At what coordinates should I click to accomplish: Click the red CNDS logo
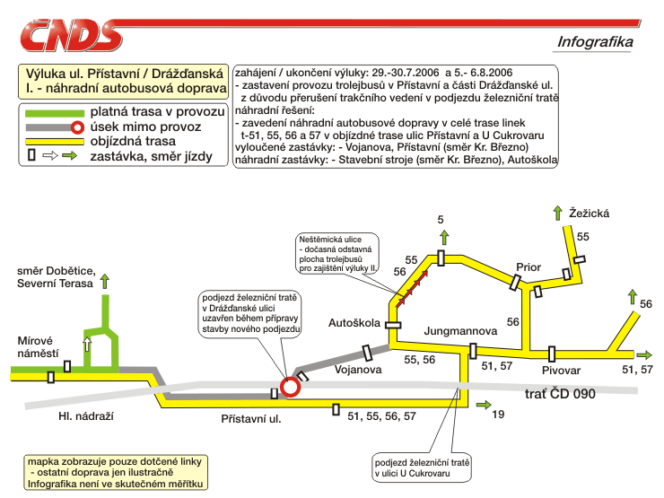(x=71, y=36)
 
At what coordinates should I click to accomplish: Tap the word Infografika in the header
(x=595, y=42)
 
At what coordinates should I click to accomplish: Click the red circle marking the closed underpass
(x=290, y=387)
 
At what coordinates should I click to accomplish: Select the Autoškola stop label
(x=354, y=323)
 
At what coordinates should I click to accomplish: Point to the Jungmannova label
(x=460, y=331)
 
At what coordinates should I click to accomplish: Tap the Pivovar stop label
(x=561, y=371)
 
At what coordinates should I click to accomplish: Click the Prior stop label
(x=529, y=267)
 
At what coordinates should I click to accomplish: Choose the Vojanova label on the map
(x=358, y=370)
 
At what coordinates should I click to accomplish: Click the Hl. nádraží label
(x=86, y=416)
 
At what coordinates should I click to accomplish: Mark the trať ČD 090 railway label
(x=560, y=394)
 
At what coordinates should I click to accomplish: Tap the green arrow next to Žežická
(x=558, y=213)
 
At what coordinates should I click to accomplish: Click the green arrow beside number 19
(x=484, y=406)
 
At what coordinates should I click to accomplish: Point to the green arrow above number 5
(x=444, y=238)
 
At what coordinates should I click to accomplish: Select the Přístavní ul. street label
(x=251, y=419)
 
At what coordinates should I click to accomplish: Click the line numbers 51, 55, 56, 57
(x=381, y=416)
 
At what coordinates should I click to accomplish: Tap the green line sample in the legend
(x=55, y=113)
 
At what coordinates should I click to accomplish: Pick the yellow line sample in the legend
(x=55, y=142)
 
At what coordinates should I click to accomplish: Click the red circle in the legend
(x=77, y=127)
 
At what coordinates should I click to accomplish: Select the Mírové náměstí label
(x=38, y=347)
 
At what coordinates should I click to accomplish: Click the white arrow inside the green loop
(x=87, y=344)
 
